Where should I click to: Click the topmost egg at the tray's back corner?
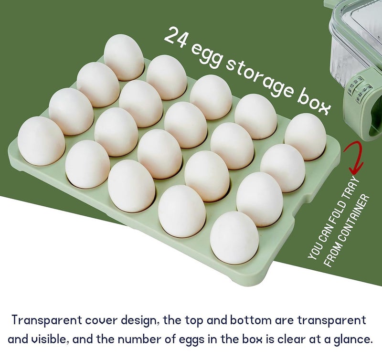124,56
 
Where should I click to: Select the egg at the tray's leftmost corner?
41,140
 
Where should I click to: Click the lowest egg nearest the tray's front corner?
234,237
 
